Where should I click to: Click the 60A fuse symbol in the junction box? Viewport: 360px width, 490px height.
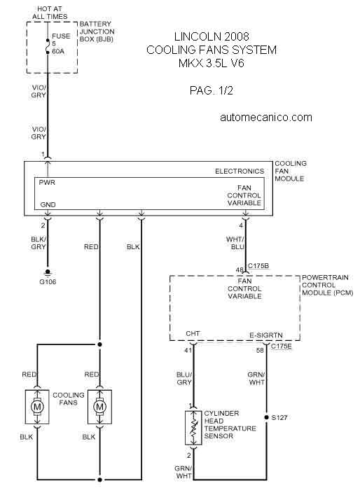[48, 46]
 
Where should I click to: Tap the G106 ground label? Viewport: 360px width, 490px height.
[48, 282]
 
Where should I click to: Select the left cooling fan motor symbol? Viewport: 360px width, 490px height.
[37, 407]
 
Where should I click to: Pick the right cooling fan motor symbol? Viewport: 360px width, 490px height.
[99, 407]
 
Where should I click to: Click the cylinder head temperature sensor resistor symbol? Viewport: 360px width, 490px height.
[193, 428]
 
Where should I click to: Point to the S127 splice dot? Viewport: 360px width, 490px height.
[266, 417]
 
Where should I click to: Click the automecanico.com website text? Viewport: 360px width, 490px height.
[266, 118]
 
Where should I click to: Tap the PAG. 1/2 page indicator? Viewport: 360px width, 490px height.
[212, 90]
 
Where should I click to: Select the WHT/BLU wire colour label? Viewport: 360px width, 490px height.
[235, 243]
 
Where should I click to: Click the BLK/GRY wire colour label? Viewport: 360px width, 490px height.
[39, 243]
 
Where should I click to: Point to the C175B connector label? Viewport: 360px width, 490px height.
[258, 266]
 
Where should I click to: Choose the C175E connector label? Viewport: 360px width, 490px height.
[281, 346]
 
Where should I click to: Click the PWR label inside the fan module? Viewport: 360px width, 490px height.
[47, 183]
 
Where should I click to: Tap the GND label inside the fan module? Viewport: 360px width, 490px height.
[48, 204]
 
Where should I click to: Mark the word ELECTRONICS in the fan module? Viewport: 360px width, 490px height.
[240, 171]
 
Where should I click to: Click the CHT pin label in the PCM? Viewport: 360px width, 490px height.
[193, 333]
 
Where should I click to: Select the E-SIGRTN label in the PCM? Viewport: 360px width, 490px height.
[266, 335]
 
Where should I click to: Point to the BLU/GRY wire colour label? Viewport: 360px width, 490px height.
[184, 379]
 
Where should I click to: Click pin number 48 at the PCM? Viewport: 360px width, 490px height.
[240, 269]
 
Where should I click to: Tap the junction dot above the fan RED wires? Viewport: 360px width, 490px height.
[99, 344]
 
